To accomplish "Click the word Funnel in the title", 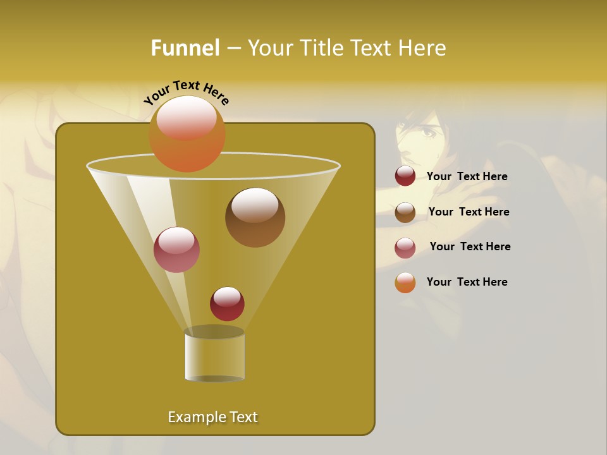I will [185, 48].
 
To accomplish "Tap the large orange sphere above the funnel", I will [187, 133].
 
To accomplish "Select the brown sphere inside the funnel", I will [255, 217].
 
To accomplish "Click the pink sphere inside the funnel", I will [176, 250].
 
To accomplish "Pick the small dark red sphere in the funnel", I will [227, 303].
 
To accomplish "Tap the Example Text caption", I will [212, 417].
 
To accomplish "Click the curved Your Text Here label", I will [187, 92].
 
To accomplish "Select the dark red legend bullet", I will [405, 176].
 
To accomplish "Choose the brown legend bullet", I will [405, 212].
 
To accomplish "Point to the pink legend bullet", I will [405, 248].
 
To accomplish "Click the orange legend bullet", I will [405, 282].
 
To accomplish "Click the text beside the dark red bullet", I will [467, 176].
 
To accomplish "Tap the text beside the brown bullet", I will [469, 212].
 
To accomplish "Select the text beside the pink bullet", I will [470, 246].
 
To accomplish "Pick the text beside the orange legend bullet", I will [467, 282].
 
